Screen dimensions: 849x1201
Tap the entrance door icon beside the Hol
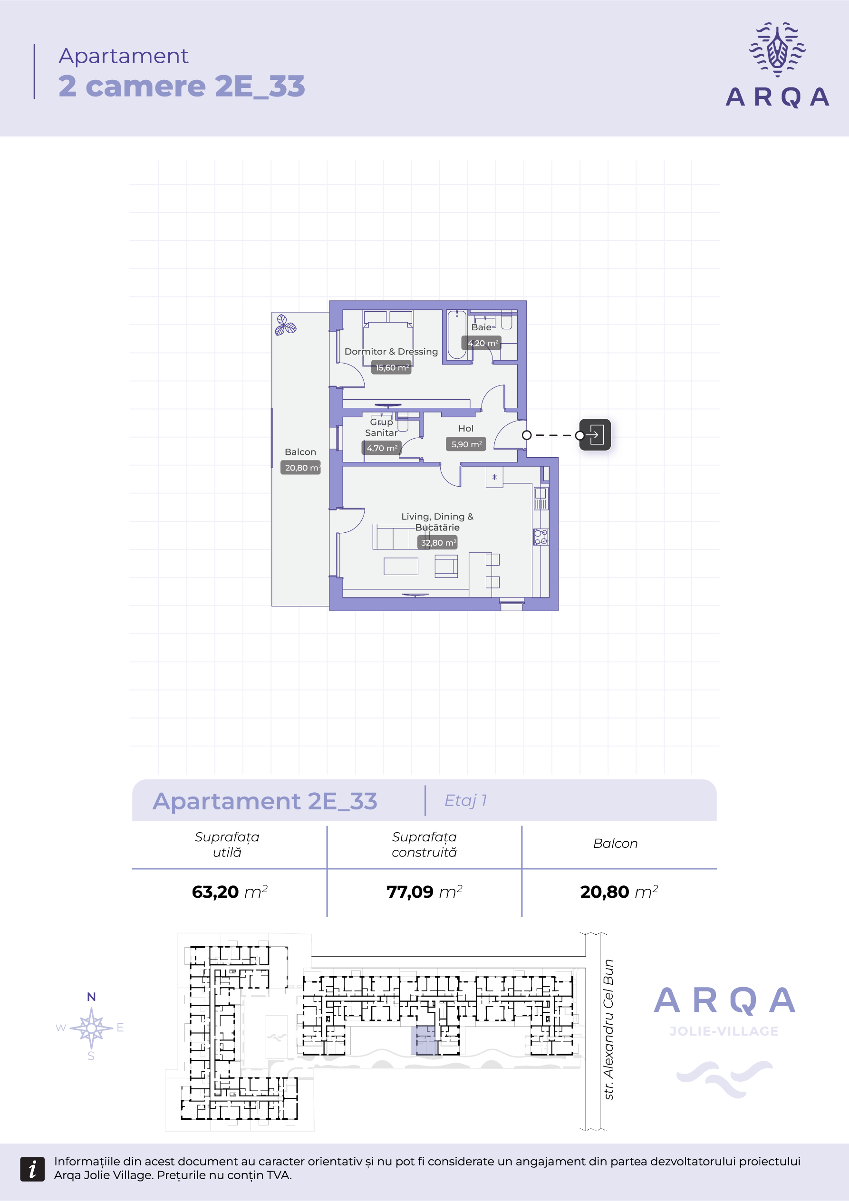point(595,435)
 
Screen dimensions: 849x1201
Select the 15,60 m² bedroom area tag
point(392,368)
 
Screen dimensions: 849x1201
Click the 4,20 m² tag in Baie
point(482,343)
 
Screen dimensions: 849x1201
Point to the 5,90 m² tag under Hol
point(466,444)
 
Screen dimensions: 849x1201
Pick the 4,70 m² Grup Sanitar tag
point(382,448)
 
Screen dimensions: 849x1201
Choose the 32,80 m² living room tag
point(438,543)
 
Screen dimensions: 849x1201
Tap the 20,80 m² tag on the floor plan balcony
point(301,468)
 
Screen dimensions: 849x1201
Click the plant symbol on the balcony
point(285,325)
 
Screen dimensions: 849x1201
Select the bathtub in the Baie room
point(457,335)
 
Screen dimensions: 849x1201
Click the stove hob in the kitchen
point(541,537)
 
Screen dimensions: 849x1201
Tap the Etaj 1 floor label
point(465,800)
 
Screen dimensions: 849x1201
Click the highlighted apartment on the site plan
point(424,1040)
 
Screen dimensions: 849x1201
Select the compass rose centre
point(92,1028)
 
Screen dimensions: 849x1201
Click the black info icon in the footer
point(32,1169)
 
